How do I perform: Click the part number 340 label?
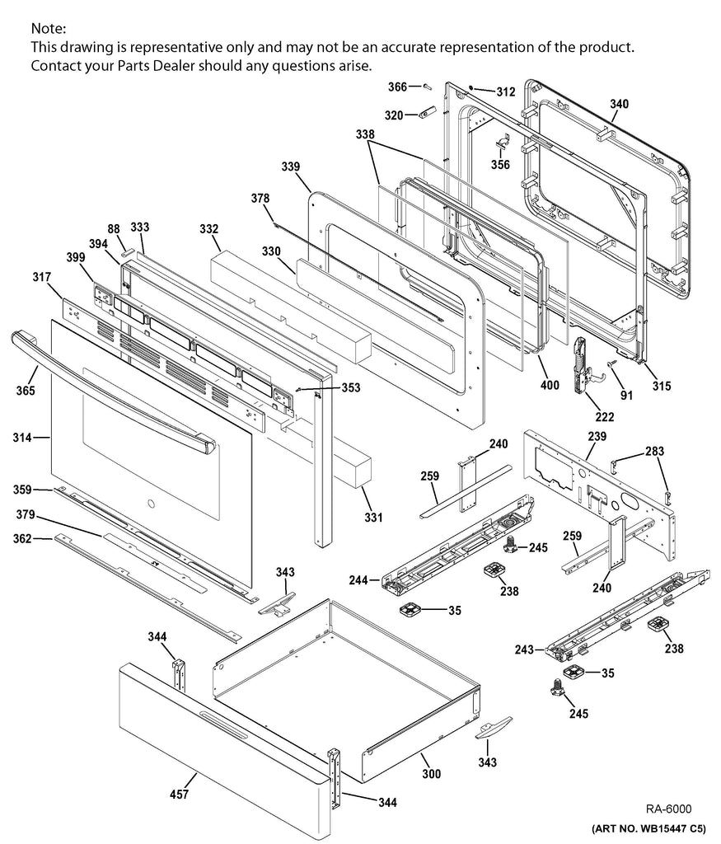tap(619, 104)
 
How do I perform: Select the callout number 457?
tap(180, 795)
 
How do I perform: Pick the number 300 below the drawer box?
tap(431, 774)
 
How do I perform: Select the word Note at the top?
tap(48, 29)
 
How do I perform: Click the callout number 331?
tap(373, 518)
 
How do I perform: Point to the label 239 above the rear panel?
tap(597, 435)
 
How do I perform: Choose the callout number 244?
tap(357, 579)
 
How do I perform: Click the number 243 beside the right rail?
tap(524, 651)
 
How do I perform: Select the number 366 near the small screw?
tap(396, 86)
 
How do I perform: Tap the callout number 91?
tap(627, 395)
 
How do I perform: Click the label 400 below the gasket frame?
tap(549, 385)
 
